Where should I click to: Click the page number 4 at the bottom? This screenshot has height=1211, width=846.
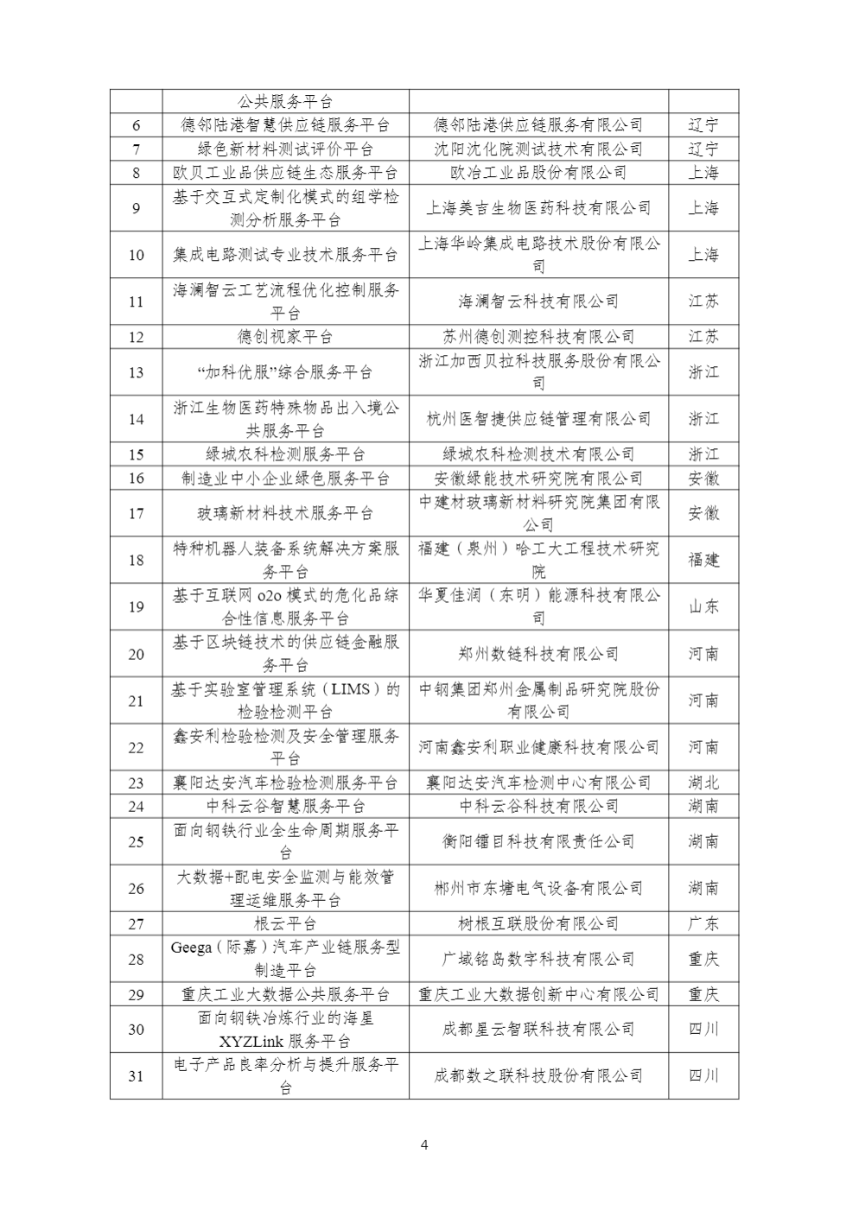pyautogui.click(x=423, y=1145)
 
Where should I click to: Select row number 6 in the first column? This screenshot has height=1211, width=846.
pyautogui.click(x=136, y=125)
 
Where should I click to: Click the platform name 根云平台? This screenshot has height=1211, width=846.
pyautogui.click(x=285, y=923)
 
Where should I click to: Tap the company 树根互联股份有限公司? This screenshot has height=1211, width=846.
pyautogui.click(x=538, y=923)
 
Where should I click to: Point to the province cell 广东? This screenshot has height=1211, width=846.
pyautogui.click(x=703, y=923)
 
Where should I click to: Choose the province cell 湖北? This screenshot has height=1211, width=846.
pyautogui.click(x=703, y=783)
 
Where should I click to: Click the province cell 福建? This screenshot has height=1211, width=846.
pyautogui.click(x=703, y=560)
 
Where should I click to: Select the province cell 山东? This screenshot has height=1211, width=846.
pyautogui.click(x=703, y=606)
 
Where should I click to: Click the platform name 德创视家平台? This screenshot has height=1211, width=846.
pyautogui.click(x=285, y=337)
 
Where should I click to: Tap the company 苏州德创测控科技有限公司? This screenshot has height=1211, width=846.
pyautogui.click(x=538, y=337)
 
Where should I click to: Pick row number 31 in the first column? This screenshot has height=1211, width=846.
pyautogui.click(x=136, y=1075)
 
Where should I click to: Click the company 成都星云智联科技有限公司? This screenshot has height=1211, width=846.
pyautogui.click(x=538, y=1029)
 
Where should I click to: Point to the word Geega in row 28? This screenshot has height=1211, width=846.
pyautogui.click(x=191, y=948)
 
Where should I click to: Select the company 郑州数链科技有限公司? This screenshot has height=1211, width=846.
pyautogui.click(x=538, y=654)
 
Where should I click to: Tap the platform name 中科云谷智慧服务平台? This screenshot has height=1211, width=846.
pyautogui.click(x=285, y=806)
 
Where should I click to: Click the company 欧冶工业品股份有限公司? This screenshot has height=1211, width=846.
pyautogui.click(x=538, y=173)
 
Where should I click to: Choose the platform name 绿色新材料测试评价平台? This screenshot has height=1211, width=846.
pyautogui.click(x=285, y=149)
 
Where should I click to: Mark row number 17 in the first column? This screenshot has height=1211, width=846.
pyautogui.click(x=136, y=513)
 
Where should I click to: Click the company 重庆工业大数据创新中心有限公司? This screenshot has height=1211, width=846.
pyautogui.click(x=538, y=994)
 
